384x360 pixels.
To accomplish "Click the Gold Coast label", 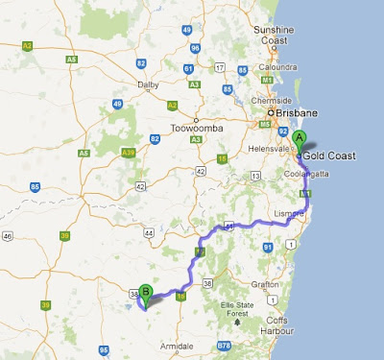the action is coord(330,155).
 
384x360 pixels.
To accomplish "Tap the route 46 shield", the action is coord(8,234).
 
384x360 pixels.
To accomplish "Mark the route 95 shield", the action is coord(103,350).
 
